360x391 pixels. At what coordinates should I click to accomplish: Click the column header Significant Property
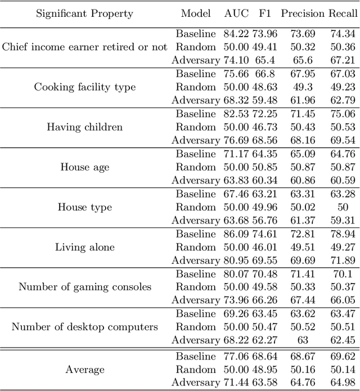(x=85, y=14)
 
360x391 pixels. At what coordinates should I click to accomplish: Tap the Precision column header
(x=310, y=14)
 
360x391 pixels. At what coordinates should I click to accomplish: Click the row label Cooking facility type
(x=85, y=87)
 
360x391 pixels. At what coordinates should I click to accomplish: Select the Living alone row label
(x=85, y=247)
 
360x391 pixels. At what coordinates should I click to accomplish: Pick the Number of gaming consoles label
(x=85, y=287)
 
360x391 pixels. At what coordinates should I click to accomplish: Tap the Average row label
(x=85, y=370)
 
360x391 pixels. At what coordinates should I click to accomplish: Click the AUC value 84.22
(x=235, y=34)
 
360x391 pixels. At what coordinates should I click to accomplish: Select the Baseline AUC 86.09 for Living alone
(x=235, y=233)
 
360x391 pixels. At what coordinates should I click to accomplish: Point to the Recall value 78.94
(x=343, y=233)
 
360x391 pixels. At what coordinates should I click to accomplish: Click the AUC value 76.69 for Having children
(x=235, y=140)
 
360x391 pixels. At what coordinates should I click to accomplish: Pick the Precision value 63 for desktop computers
(x=303, y=340)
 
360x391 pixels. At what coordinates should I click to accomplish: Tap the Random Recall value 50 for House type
(x=343, y=207)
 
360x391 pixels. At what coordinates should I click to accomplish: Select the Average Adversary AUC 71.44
(x=235, y=383)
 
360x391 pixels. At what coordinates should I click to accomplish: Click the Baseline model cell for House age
(x=196, y=154)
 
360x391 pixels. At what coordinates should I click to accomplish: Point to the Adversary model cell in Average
(x=196, y=383)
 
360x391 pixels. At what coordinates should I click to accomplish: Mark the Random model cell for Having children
(x=196, y=127)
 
